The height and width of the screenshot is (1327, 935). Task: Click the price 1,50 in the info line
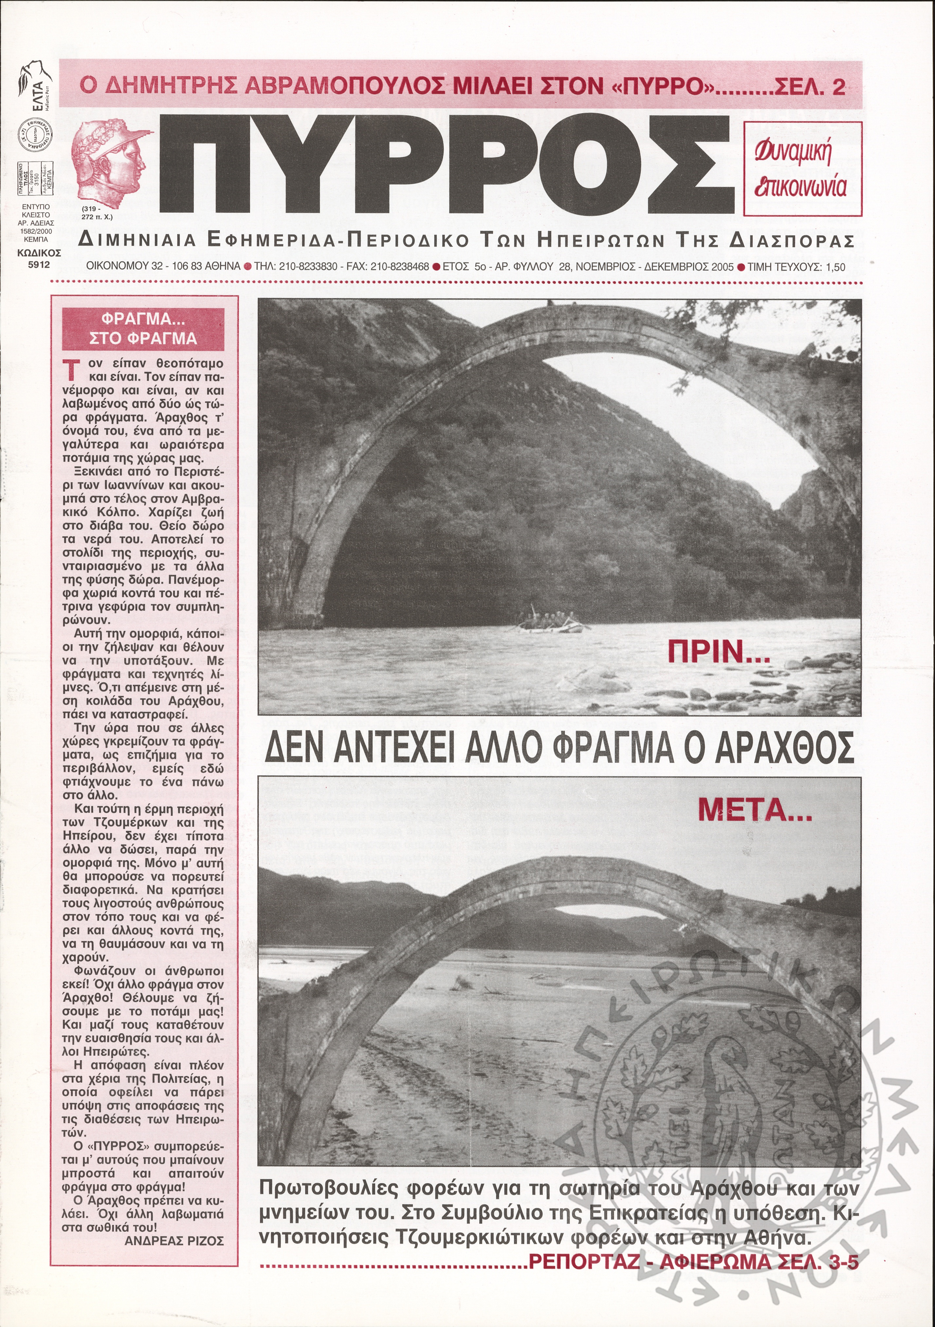835,267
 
